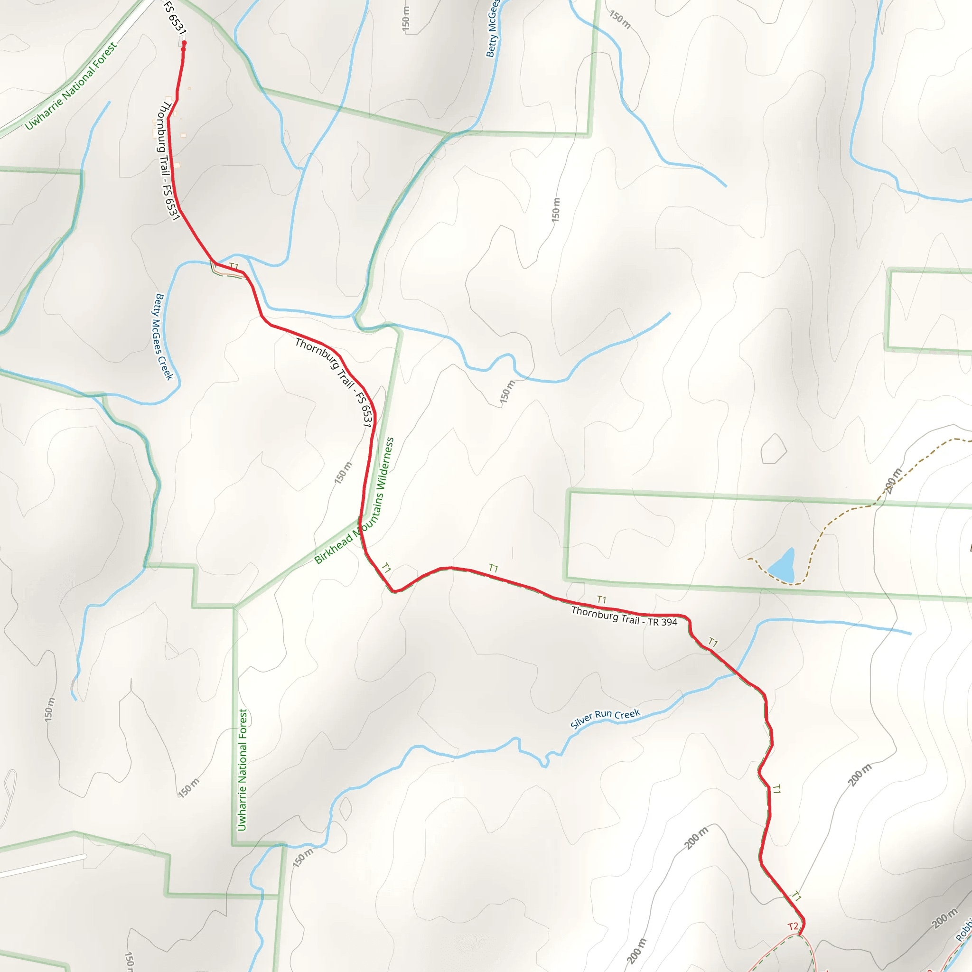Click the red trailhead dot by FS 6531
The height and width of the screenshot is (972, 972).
[x=184, y=44]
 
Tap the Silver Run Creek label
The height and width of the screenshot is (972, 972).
[x=605, y=719]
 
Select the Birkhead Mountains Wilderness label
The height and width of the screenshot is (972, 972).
[x=355, y=501]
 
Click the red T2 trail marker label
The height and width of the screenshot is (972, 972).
[x=793, y=926]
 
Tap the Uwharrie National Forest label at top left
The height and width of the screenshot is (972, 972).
[x=71, y=85]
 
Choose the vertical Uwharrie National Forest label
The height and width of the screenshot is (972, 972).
[x=243, y=770]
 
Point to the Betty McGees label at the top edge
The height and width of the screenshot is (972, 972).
[x=493, y=29]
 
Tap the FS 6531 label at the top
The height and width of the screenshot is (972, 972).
[x=175, y=18]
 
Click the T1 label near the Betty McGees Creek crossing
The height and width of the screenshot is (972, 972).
[x=234, y=266]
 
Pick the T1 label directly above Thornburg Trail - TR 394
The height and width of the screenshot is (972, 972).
[x=602, y=600]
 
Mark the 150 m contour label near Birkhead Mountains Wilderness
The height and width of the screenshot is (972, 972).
[x=344, y=473]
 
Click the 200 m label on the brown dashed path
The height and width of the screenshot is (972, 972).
[x=894, y=480]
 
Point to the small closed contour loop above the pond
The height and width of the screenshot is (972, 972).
[x=773, y=449]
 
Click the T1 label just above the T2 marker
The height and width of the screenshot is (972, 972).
[x=797, y=896]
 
